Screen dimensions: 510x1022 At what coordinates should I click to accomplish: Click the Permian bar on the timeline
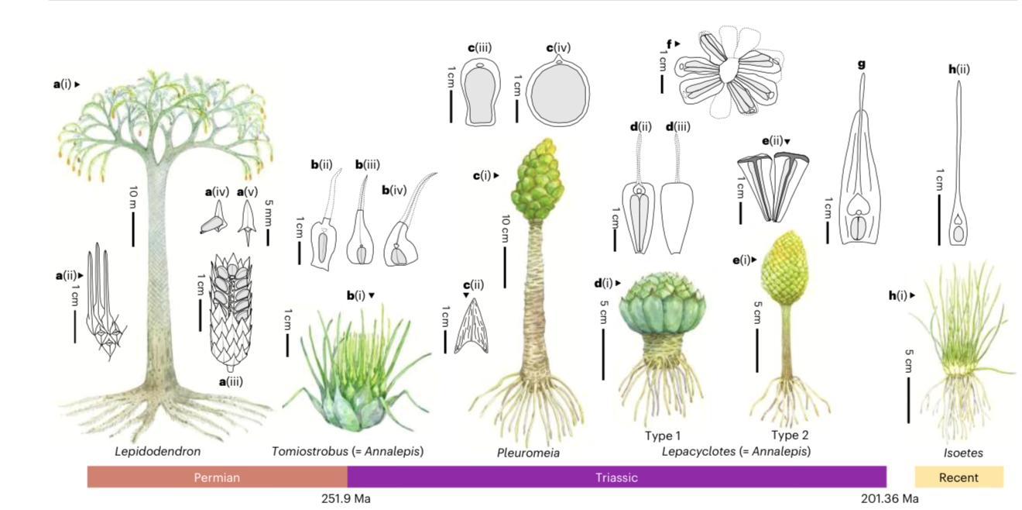pyautogui.click(x=217, y=477)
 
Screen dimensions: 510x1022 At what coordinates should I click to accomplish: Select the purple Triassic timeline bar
pyautogui.click(x=616, y=477)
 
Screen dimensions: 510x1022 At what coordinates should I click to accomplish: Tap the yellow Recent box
pyautogui.click(x=959, y=477)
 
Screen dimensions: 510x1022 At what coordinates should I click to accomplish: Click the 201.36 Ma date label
pyautogui.click(x=890, y=498)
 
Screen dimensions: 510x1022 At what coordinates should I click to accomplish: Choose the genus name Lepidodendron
pyautogui.click(x=158, y=451)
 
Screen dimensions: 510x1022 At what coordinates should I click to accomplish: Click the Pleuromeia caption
pyautogui.click(x=528, y=453)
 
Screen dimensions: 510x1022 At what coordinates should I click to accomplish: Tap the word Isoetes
pyautogui.click(x=963, y=453)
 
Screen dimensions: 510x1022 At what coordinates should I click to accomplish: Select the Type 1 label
pyautogui.click(x=663, y=436)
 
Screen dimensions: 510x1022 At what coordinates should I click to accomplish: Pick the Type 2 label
pyautogui.click(x=790, y=435)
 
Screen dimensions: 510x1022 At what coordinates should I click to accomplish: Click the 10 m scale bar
pyautogui.click(x=133, y=229)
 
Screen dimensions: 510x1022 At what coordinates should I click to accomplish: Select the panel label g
pyautogui.click(x=861, y=64)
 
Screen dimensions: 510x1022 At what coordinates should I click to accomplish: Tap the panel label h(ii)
pyautogui.click(x=959, y=69)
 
